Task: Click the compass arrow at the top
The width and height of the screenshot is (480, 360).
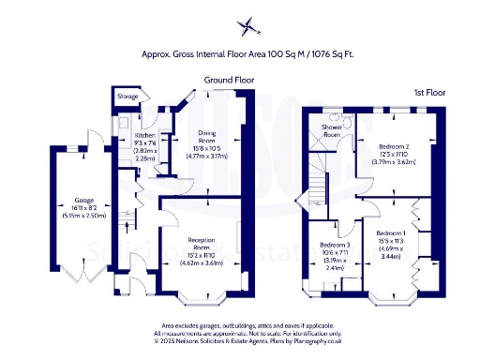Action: tap(248, 26)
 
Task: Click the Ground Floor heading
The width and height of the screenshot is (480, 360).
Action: tap(230, 82)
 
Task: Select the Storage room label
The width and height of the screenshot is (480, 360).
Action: tap(127, 97)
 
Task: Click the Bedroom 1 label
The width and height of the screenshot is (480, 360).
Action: tap(391, 232)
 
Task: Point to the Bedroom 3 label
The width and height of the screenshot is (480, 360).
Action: tap(335, 245)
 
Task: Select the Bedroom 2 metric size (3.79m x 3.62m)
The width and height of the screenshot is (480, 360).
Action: tap(393, 162)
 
